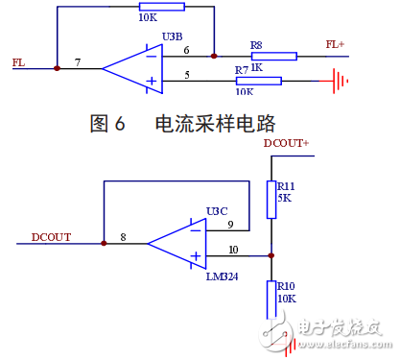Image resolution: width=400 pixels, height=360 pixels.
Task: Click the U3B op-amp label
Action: point(174,37)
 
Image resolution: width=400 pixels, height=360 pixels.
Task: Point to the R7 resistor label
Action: point(242,70)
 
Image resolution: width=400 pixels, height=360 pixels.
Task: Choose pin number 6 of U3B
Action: point(186,49)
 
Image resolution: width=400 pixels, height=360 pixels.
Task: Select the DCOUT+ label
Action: point(288,143)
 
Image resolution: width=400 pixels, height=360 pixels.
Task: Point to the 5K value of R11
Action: point(284,198)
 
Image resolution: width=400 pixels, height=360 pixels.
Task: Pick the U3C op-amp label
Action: point(217,211)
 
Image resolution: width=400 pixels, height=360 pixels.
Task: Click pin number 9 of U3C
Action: point(229,226)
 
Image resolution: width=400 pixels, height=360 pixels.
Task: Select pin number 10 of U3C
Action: point(231,250)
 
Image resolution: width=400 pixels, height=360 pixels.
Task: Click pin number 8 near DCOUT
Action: point(122,237)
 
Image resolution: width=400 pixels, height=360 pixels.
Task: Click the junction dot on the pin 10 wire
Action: point(272,256)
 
